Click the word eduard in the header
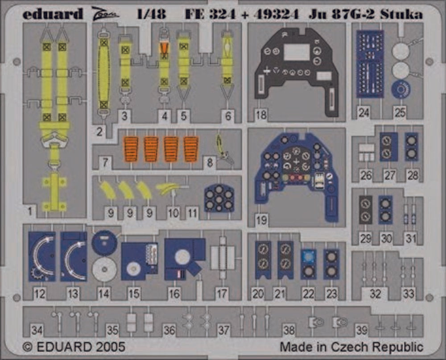[x=53, y=13]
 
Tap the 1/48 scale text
[x=151, y=14]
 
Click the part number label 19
[x=261, y=219]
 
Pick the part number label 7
[x=105, y=162]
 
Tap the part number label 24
[x=364, y=113]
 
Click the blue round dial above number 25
[x=401, y=89]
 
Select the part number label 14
[x=103, y=294]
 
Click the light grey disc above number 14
[x=104, y=269]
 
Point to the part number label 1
[x=30, y=211]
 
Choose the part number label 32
[x=376, y=294]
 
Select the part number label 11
[x=193, y=213]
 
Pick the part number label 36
[x=169, y=330]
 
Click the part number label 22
[x=309, y=294]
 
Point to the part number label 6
[x=228, y=116]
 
